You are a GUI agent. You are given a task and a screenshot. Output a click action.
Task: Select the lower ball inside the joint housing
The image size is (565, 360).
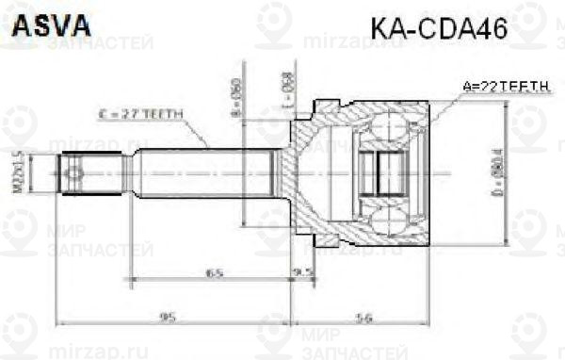(384, 221)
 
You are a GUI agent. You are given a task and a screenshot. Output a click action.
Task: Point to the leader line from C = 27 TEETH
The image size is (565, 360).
(198, 132)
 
